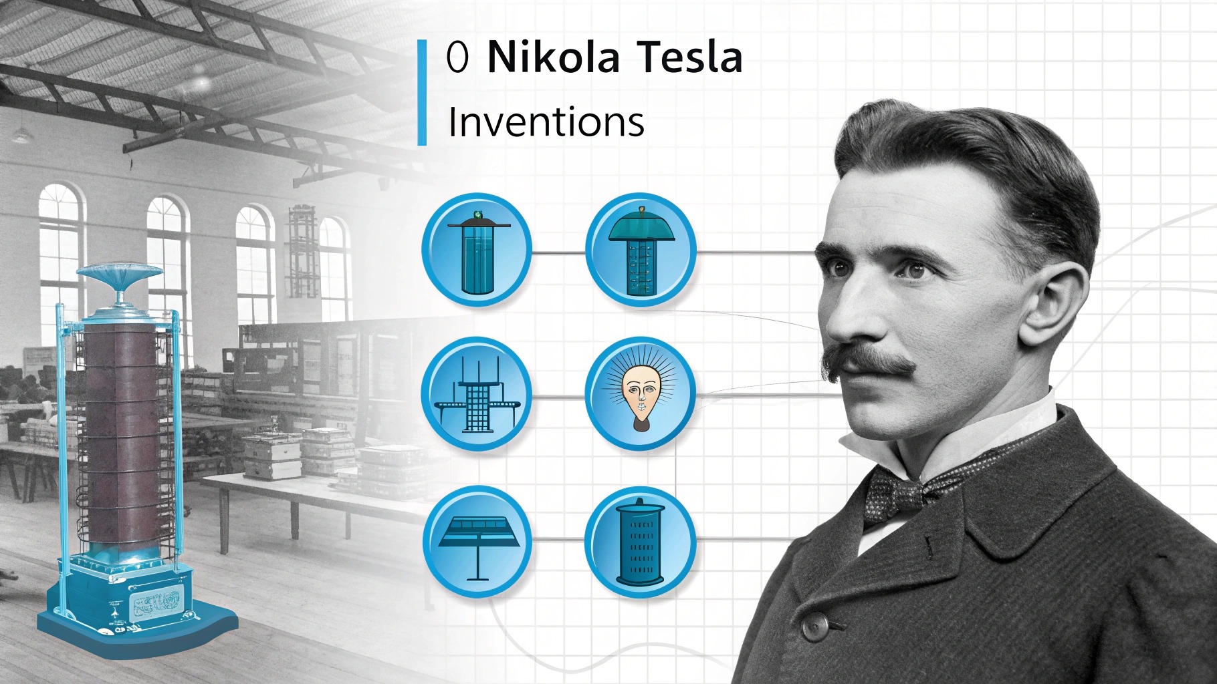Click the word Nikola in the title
pos(554,57)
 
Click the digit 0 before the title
pos(457,58)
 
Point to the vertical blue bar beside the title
pos(422,92)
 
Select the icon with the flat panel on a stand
pos(477,542)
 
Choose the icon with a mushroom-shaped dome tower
pos(641,250)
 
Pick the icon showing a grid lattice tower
pos(477,393)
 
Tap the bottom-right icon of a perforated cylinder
pos(640,542)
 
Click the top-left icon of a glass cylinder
pos(477,250)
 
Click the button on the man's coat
pos(814,626)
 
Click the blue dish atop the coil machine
pos(119,274)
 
